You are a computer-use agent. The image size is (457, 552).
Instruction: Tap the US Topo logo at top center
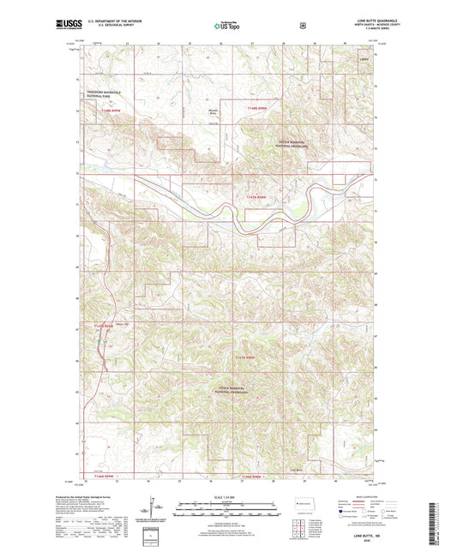click(227, 26)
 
